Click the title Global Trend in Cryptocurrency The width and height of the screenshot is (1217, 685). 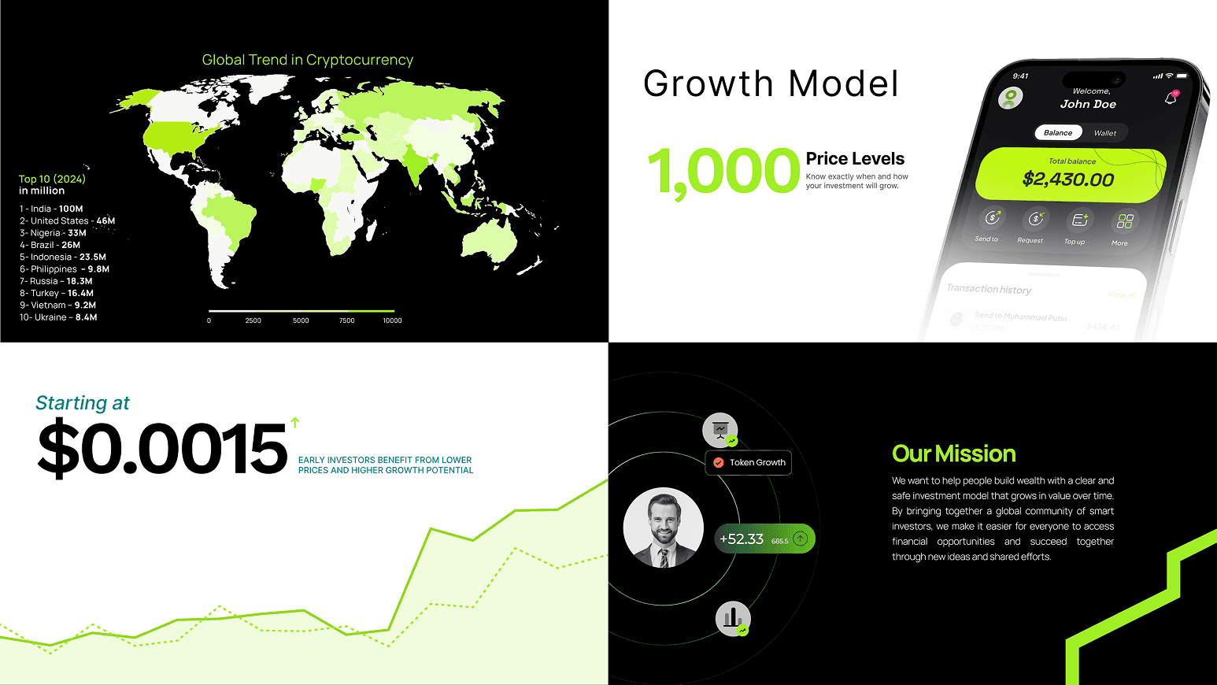pos(307,60)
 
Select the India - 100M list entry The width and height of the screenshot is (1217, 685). pos(51,209)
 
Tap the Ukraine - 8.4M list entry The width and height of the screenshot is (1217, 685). pos(58,317)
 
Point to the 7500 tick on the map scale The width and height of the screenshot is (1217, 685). pos(346,320)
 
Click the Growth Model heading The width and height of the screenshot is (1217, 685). pos(770,83)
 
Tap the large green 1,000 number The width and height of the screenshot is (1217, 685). pos(723,172)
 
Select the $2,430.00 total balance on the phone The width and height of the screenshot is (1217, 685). pos(1068,180)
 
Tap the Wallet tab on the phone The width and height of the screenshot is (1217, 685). pos(1104,133)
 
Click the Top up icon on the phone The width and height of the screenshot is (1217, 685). pos(1078,220)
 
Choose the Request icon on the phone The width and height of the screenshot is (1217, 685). pos(1034,220)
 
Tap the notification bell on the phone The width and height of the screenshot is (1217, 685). pos(1171,98)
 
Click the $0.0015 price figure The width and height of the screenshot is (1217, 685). pos(162,449)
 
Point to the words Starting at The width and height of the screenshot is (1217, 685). pos(83,403)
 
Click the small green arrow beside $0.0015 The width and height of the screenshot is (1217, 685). pos(295,422)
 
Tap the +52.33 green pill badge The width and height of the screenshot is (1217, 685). pos(764,539)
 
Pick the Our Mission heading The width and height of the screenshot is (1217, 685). pos(953,454)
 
